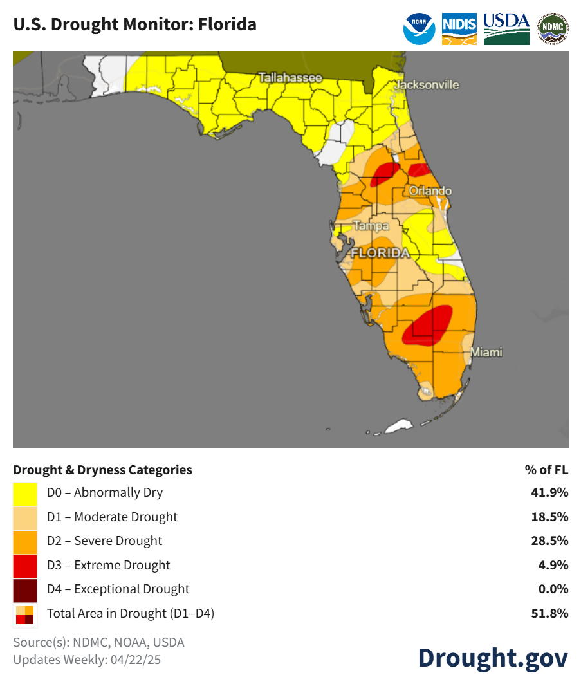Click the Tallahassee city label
pos(290,78)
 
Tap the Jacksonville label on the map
pos(427,84)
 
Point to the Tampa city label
pos(371,226)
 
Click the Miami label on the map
pos(486,353)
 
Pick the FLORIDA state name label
pos(380,253)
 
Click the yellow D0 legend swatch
pos(25,493)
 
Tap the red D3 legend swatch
pos(25,565)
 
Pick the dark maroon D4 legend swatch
pos(25,589)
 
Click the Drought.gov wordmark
pos(493,658)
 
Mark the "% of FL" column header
pos(547,470)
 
